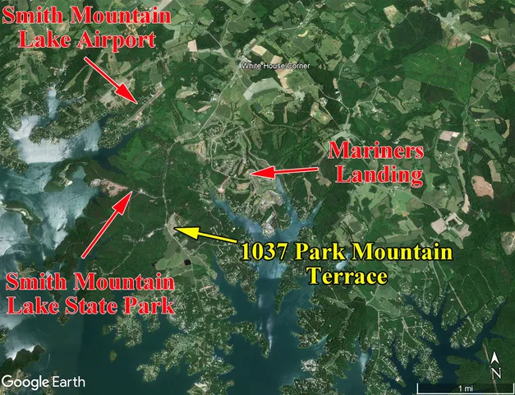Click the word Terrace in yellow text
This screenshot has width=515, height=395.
(346, 276)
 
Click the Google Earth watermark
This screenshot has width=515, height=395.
(37, 382)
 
